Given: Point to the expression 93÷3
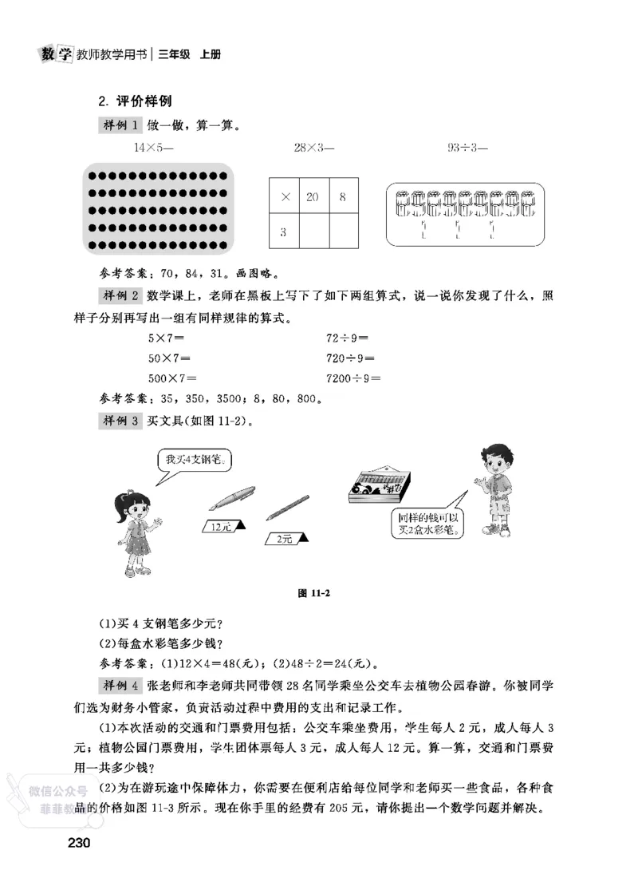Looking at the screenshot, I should tap(467, 148).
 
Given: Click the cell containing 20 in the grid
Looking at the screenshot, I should tap(313, 196).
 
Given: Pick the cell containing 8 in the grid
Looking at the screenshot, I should tap(343, 196).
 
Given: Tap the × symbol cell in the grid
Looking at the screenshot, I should tap(285, 196).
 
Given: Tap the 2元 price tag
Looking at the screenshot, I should tap(284, 540).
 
